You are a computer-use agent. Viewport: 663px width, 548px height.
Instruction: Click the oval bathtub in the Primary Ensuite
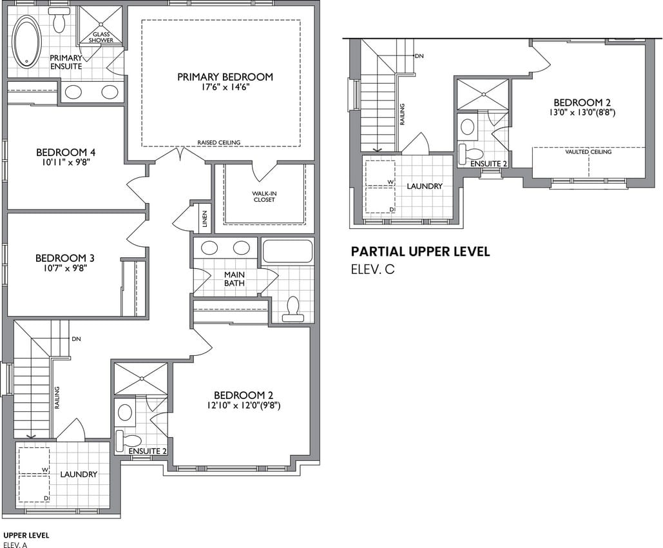[x=27, y=41]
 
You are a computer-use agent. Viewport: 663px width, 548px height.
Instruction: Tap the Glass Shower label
[x=101, y=37]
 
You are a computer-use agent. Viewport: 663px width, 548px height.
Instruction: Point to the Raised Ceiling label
[x=218, y=142]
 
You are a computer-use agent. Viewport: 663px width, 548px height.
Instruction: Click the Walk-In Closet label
[x=264, y=197]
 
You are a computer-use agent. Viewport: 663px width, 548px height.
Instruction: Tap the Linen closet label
[x=205, y=219]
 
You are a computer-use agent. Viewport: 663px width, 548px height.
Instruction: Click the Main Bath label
[x=235, y=279]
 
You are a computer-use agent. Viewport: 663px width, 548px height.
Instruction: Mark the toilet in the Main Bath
[x=293, y=308]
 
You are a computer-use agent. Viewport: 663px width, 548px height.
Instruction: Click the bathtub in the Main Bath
[x=287, y=251]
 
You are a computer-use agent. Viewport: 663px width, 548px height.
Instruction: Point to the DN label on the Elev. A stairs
[x=76, y=339]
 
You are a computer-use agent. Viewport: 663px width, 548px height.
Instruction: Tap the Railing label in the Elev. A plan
[x=57, y=398]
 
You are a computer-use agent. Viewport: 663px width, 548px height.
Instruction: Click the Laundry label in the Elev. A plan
[x=79, y=475]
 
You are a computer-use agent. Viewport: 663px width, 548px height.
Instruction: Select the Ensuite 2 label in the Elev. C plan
[x=488, y=164]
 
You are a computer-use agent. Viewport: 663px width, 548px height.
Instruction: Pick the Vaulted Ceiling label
[x=588, y=152]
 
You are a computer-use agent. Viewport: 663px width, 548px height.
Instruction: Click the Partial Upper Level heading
[x=421, y=251]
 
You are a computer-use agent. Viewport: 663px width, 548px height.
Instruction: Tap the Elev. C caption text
[x=373, y=269]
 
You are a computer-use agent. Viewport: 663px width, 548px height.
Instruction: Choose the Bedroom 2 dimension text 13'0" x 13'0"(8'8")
[x=582, y=113]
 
